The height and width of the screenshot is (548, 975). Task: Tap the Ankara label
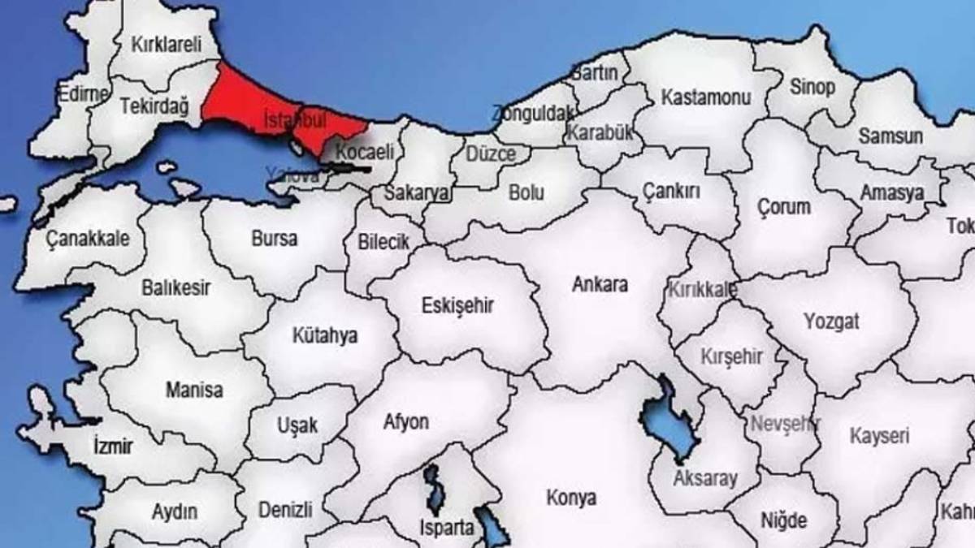(x=600, y=285)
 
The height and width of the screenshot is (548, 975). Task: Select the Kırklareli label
(x=166, y=45)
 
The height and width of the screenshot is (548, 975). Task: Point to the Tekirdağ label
(x=154, y=106)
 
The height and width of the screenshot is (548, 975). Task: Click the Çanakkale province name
(x=87, y=239)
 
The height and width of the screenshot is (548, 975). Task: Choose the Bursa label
(x=275, y=239)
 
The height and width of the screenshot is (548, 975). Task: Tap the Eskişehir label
(x=458, y=305)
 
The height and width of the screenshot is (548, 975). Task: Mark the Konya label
(x=571, y=498)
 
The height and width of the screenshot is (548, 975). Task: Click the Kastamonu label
(x=706, y=97)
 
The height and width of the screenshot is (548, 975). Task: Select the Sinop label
(x=811, y=87)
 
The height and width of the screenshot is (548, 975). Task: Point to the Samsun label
(x=890, y=136)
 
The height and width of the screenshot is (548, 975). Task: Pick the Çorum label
(x=783, y=207)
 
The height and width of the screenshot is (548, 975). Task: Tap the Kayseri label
(x=879, y=436)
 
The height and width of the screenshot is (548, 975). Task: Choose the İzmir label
(x=113, y=446)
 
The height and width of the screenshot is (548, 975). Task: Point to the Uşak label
(x=297, y=425)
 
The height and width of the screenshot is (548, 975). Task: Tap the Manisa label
(x=194, y=391)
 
